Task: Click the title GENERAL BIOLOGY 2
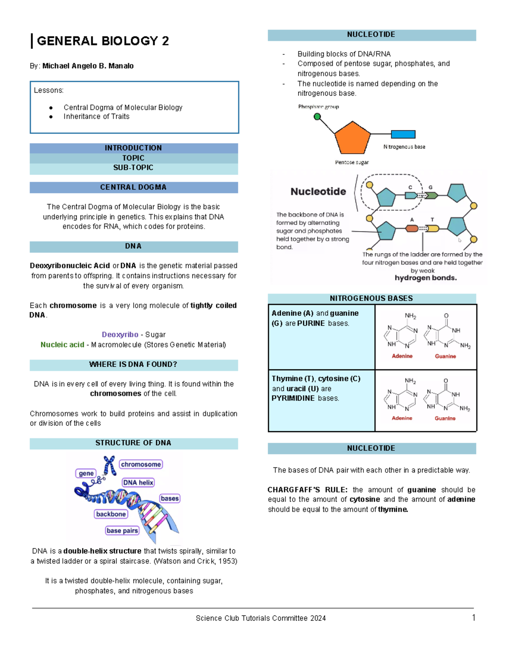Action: (x=103, y=41)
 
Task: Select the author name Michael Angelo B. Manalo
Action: (x=88, y=66)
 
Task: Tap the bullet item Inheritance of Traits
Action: (x=96, y=117)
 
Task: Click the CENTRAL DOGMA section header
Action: (x=133, y=187)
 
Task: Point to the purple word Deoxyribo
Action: (x=120, y=334)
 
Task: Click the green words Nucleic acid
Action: (x=62, y=344)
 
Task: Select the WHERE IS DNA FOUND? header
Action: (x=133, y=365)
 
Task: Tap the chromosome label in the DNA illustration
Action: (x=141, y=464)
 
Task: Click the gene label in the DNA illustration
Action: (x=86, y=473)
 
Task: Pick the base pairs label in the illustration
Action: (x=122, y=531)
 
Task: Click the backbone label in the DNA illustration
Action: (x=111, y=514)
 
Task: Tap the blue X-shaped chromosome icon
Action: (x=110, y=465)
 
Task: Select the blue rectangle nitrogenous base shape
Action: (x=403, y=134)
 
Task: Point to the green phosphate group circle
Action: (x=318, y=117)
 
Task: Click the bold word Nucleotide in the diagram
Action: (x=318, y=192)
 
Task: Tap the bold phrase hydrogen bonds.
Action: (x=425, y=278)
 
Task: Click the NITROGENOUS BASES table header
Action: (x=371, y=299)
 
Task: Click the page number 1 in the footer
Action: (x=474, y=618)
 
